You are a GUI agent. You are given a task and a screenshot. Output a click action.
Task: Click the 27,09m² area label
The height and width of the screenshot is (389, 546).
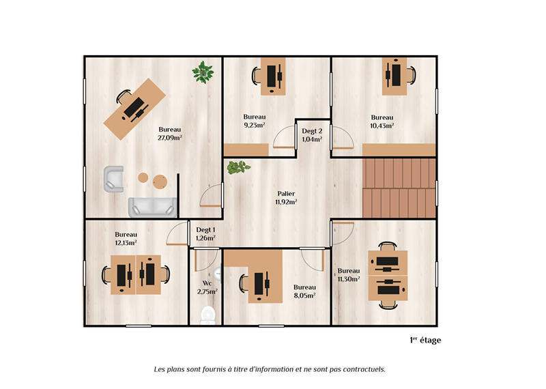pos(170,138)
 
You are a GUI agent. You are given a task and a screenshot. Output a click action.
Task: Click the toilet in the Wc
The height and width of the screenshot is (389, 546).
pos(207,313)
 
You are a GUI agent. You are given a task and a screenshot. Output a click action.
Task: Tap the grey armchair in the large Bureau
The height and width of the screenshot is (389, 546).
pos(113,179)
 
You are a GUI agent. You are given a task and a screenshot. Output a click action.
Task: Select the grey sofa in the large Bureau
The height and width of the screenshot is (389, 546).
pos(152,205)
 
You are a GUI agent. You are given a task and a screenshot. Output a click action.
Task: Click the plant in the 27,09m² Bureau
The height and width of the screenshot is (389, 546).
pos(203,71)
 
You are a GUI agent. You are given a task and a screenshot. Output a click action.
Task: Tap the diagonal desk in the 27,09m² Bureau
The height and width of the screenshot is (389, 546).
pos(136,108)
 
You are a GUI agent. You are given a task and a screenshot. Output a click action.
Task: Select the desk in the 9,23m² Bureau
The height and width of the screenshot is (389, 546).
pos(271,76)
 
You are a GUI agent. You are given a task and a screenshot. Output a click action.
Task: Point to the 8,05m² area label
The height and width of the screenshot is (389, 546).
pos(304,296)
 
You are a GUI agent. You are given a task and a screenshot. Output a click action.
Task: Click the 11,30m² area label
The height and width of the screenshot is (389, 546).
pos(348,278)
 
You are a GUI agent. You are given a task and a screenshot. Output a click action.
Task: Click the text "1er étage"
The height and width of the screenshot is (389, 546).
pos(425,340)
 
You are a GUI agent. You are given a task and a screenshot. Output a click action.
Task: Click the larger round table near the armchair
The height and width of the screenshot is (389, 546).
pos(160,181)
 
